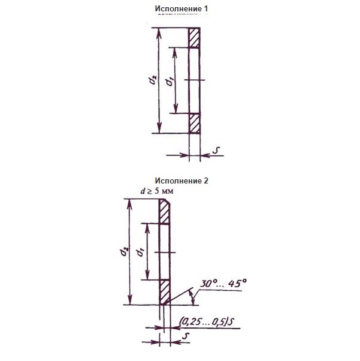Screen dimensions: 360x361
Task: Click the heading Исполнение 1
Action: pos(181,9)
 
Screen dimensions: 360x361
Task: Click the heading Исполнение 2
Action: pos(181,180)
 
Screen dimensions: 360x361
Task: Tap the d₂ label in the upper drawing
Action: pos(153,80)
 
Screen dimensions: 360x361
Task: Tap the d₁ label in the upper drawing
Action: pos(170,82)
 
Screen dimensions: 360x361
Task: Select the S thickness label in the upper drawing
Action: pos(216,150)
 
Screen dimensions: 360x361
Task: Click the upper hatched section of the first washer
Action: pos(194,38)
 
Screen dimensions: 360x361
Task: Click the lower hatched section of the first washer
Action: pos(194,123)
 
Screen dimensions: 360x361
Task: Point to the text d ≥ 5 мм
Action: pos(157,191)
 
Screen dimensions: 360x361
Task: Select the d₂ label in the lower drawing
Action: pos(124,252)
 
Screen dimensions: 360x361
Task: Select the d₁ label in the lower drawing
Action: pos(140,252)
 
